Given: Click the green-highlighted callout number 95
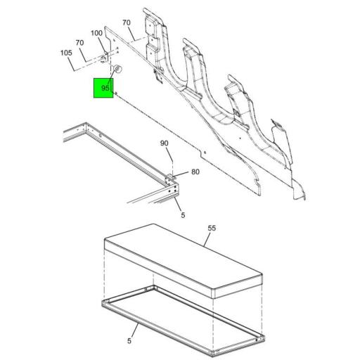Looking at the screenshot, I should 104,89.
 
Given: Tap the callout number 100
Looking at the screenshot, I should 97,33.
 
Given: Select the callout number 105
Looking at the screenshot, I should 66,53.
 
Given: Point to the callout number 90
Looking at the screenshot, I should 165,143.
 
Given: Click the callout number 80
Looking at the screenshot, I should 195,172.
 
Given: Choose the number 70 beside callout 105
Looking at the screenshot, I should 80,43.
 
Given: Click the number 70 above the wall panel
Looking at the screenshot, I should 127,23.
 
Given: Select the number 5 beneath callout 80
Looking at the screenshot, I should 183,215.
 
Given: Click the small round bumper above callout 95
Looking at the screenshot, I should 118,69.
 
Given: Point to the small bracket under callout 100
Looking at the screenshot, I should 106,56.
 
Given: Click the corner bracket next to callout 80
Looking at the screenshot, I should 171,177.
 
